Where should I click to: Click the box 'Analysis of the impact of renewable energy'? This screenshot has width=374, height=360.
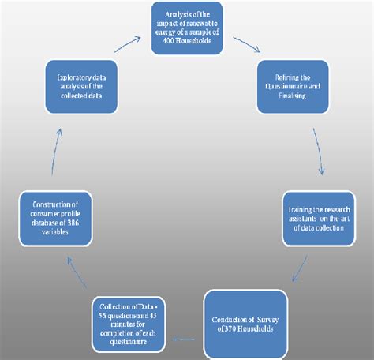click(x=187, y=28)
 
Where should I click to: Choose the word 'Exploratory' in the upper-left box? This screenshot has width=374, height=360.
click(x=65, y=77)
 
